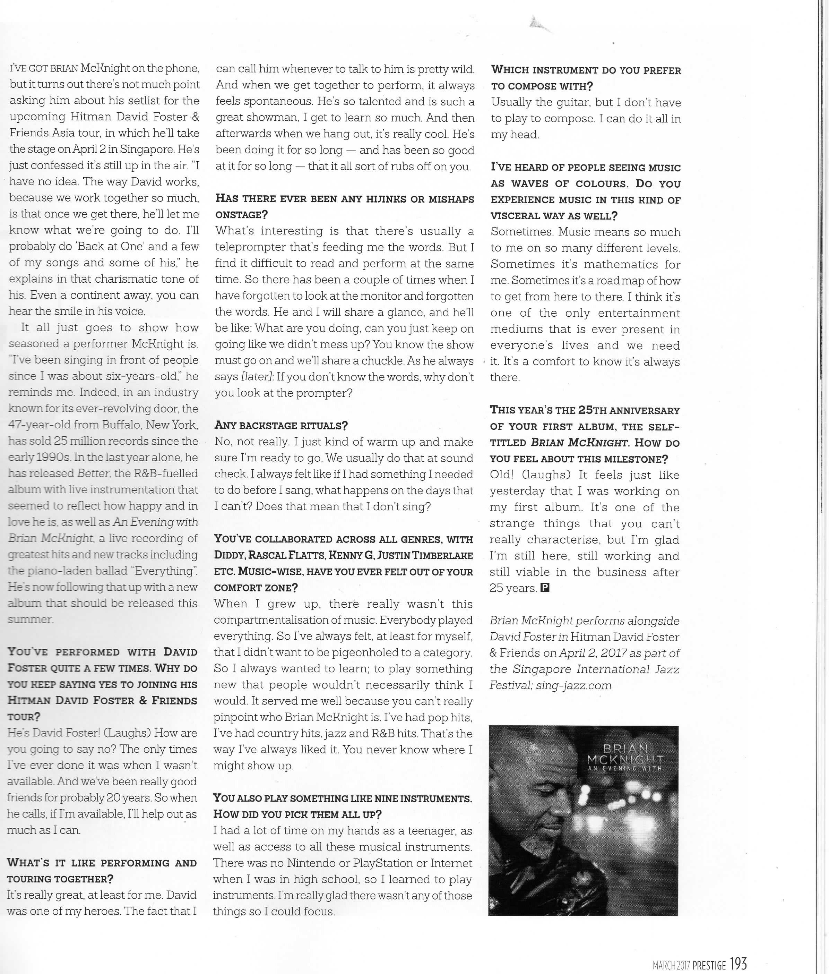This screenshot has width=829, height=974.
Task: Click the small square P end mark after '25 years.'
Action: click(545, 588)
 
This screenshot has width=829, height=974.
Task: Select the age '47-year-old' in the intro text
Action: click(44, 425)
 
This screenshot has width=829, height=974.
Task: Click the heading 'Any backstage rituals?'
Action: click(280, 425)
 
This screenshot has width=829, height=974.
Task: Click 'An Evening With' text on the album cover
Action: click(625, 769)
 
